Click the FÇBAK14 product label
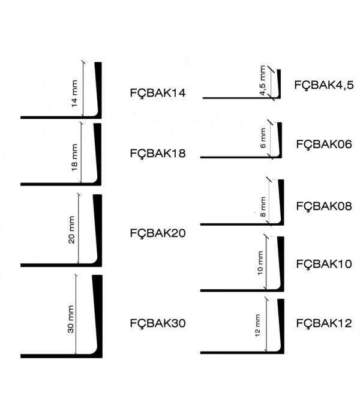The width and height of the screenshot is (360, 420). [x=158, y=94]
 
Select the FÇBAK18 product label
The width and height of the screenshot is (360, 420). [x=158, y=154]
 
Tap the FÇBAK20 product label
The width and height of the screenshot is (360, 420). [x=158, y=233]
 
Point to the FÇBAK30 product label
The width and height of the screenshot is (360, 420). [x=158, y=323]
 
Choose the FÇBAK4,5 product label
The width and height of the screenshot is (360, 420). [x=324, y=85]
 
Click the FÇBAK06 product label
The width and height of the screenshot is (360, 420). [x=324, y=145]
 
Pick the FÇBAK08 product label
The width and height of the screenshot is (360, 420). [x=324, y=206]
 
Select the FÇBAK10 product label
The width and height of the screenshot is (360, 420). [x=324, y=264]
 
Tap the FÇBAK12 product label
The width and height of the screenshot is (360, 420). [x=324, y=323]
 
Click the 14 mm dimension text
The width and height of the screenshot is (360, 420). [x=74, y=94]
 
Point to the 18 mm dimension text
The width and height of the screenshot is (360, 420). [x=74, y=157]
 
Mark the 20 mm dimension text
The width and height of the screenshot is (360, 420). [x=71, y=230]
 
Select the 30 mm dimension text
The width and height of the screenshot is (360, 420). [x=71, y=319]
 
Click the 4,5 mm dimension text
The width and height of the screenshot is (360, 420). [x=263, y=80]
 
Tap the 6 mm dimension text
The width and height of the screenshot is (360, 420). [x=263, y=138]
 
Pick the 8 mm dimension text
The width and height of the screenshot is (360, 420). [x=263, y=207]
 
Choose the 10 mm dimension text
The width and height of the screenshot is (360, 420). [x=260, y=263]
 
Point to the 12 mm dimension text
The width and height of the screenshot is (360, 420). [x=257, y=325]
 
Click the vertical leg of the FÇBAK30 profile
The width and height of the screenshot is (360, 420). [x=98, y=313]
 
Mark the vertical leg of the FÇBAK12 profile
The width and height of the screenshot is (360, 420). [x=281, y=324]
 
